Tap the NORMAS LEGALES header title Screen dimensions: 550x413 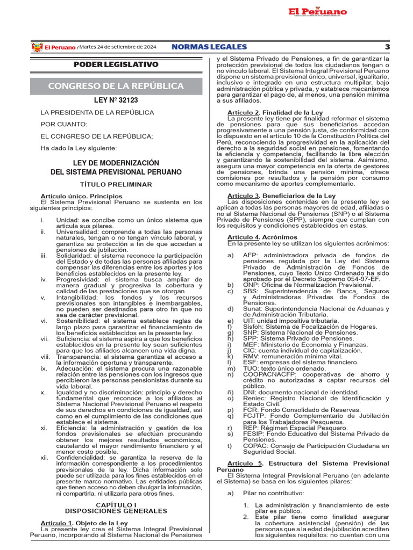209,47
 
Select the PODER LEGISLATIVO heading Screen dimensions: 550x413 116,64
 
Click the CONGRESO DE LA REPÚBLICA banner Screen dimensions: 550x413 116,86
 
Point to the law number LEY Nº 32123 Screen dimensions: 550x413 116,100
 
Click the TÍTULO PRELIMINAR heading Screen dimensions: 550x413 116,184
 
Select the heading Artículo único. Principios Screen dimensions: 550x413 81,196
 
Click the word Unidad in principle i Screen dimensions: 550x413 67,220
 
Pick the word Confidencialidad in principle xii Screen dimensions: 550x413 82,458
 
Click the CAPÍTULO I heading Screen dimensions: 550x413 116,505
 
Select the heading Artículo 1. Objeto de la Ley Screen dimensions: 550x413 84,523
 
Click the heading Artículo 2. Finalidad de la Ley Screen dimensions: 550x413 275,112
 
